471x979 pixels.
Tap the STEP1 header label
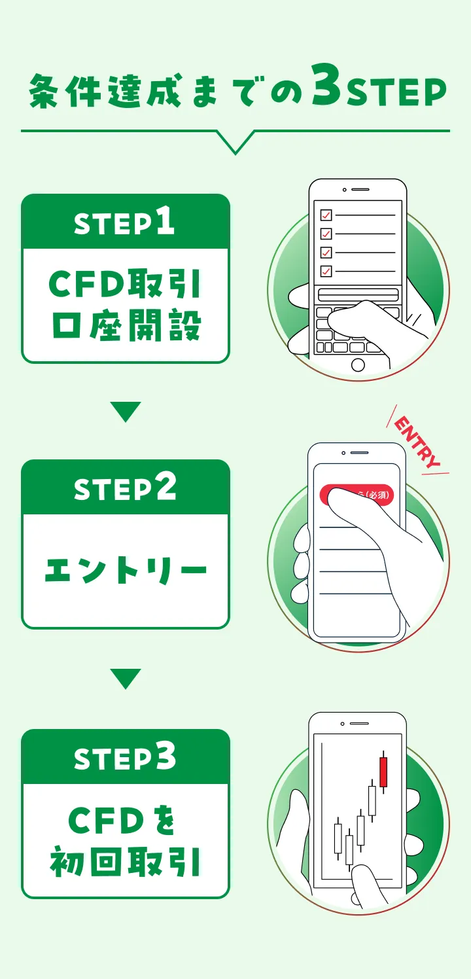[x=125, y=222]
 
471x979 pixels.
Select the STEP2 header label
[x=125, y=488]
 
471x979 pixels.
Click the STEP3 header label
[x=125, y=758]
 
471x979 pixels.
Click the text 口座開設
[x=125, y=325]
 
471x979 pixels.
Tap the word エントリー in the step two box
[x=125, y=571]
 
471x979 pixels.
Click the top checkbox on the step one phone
[x=325, y=215]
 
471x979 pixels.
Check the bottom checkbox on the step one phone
[x=325, y=270]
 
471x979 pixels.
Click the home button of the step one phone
[x=358, y=365]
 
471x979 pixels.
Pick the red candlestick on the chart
[x=383, y=772]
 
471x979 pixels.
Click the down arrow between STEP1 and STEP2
[x=126, y=412]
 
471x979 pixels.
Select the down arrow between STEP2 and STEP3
[x=126, y=679]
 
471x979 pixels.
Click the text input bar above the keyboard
[x=358, y=294]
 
